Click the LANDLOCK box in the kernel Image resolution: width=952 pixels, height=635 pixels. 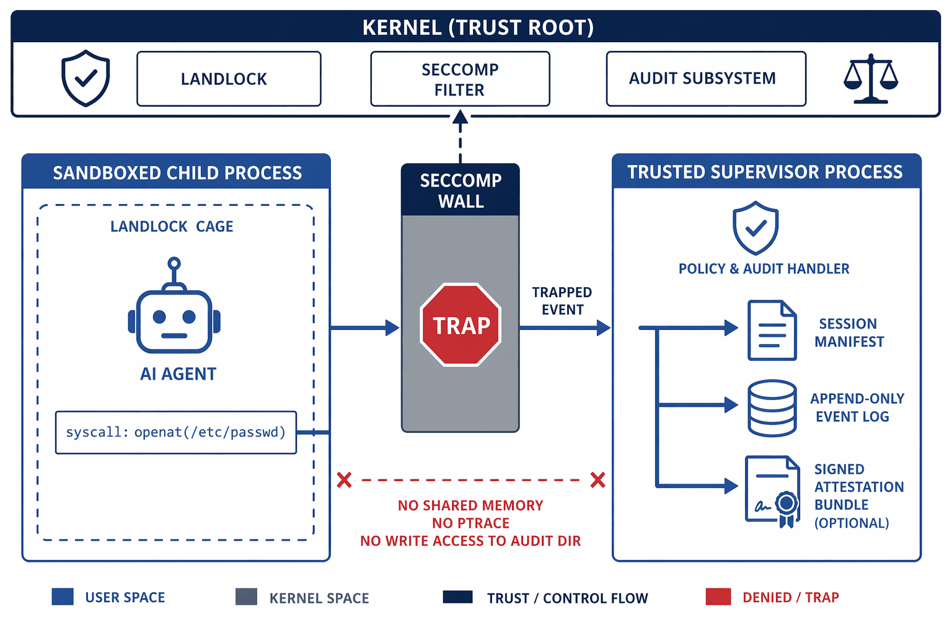pyautogui.click(x=229, y=79)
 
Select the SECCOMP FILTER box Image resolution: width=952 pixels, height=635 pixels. pyautogui.click(x=460, y=79)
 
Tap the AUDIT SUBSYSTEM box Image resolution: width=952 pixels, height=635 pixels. pyautogui.click(x=706, y=79)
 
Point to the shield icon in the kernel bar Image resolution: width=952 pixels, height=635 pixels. pyautogui.click(x=86, y=78)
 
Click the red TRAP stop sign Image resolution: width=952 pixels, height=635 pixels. pyautogui.click(x=461, y=325)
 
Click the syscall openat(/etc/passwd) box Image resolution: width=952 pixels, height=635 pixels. pyautogui.click(x=176, y=432)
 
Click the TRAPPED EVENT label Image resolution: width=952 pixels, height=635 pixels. pyautogui.click(x=562, y=301)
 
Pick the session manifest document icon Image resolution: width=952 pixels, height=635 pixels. pyautogui.click(x=772, y=330)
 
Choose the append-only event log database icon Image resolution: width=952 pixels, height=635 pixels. pyautogui.click(x=772, y=408)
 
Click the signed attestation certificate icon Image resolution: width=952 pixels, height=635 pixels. pyautogui.click(x=772, y=491)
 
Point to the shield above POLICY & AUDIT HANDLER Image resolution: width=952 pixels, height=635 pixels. pyautogui.click(x=756, y=228)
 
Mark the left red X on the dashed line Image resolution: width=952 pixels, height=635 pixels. pyautogui.click(x=345, y=480)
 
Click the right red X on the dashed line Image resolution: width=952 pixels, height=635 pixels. pyautogui.click(x=597, y=480)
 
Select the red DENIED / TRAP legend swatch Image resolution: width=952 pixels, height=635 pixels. pyautogui.click(x=718, y=597)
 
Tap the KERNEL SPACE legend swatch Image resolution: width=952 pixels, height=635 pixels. pyautogui.click(x=247, y=597)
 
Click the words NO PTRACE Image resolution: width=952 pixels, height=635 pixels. pyautogui.click(x=470, y=523)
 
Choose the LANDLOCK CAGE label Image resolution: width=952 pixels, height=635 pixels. pyautogui.click(x=172, y=227)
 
